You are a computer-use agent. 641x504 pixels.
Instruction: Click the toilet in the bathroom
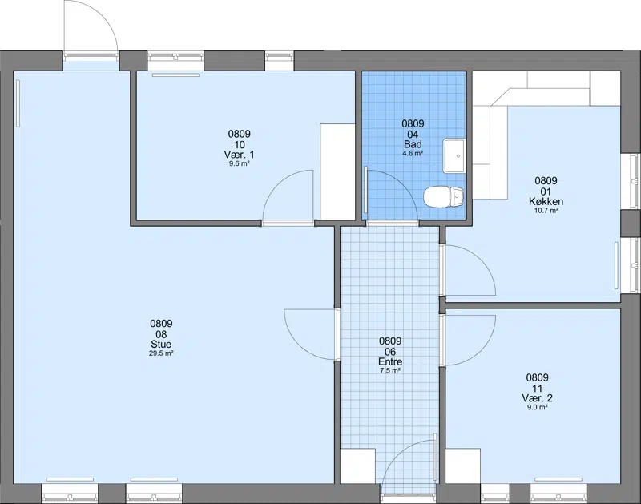[x=444, y=196]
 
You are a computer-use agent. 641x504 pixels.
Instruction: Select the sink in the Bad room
[x=454, y=155]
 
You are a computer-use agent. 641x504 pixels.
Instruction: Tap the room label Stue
[x=161, y=345]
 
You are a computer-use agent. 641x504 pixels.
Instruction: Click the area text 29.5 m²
[x=161, y=353]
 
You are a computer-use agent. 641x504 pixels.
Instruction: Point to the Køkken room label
[x=546, y=201]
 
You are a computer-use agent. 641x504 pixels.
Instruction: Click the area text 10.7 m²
[x=546, y=211]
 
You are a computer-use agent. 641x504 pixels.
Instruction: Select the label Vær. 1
[x=239, y=155]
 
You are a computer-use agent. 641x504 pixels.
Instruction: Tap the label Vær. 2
[x=537, y=398]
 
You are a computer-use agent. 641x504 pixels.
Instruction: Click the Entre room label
[x=390, y=361]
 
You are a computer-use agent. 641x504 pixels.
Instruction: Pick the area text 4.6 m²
[x=413, y=153]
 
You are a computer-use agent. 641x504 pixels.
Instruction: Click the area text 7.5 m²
[x=390, y=371]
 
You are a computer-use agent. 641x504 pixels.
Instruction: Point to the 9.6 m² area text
[x=239, y=163]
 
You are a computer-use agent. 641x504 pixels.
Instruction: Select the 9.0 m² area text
[x=537, y=407]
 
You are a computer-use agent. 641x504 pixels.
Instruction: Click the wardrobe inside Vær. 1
[x=337, y=171]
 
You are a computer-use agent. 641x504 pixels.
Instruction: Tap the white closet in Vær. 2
[x=463, y=466]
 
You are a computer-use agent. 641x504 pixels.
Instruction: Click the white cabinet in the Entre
[x=357, y=466]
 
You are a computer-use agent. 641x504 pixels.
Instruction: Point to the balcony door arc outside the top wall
[x=103, y=15]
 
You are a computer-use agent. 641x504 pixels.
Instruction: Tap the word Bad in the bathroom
[x=413, y=144]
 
